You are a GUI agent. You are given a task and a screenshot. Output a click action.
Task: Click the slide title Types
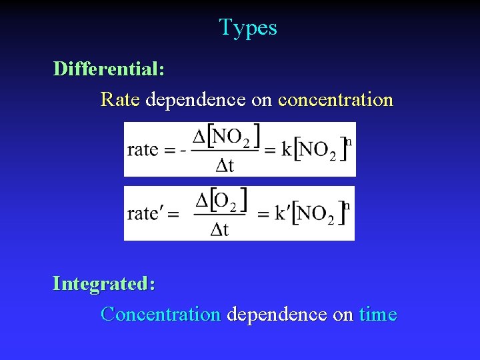[248, 28]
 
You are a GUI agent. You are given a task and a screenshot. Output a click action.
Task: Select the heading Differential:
[109, 69]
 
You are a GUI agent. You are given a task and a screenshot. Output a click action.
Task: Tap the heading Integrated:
[104, 283]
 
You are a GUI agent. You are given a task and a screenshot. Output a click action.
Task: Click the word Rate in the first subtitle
[120, 100]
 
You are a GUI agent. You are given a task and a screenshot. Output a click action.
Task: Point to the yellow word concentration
[335, 100]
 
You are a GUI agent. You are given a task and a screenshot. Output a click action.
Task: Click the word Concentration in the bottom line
[160, 314]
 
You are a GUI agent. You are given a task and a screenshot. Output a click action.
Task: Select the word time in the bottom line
[378, 314]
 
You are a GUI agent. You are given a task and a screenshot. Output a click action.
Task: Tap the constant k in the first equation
[286, 149]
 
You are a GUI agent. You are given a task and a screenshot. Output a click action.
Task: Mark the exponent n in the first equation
[348, 141]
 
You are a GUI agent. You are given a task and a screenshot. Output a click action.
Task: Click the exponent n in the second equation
[347, 205]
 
